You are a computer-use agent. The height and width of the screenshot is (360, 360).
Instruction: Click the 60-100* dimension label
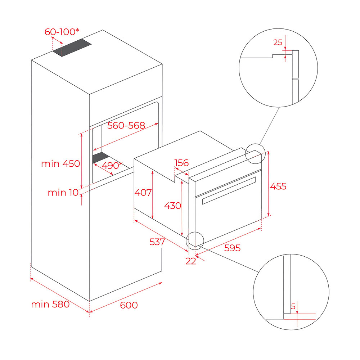[62, 32]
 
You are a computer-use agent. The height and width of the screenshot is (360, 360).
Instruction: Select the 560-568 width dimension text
[126, 125]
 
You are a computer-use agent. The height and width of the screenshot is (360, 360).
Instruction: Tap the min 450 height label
[60, 164]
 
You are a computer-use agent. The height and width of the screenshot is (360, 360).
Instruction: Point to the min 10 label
[63, 192]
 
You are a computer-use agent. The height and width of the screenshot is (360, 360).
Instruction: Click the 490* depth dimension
[112, 165]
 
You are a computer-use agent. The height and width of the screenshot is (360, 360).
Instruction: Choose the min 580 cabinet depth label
[50, 304]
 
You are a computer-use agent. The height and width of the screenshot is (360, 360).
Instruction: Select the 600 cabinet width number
[129, 305]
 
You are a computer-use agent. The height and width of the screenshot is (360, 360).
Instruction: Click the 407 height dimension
[143, 192]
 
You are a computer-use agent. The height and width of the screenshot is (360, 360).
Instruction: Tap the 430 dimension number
[173, 206]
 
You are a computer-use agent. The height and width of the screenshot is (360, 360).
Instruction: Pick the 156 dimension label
[181, 163]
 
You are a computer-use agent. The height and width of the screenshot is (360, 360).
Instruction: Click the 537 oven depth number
[157, 242]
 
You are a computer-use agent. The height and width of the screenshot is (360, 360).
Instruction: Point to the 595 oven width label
[232, 248]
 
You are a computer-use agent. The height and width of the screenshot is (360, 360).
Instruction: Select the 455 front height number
[278, 186]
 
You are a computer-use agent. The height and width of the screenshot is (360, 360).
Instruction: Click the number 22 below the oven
[191, 261]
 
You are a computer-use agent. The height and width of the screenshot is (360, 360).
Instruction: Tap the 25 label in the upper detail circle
[278, 42]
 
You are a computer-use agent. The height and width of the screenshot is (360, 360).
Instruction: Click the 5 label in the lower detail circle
[293, 306]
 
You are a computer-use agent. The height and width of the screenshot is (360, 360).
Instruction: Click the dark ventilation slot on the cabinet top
[72, 48]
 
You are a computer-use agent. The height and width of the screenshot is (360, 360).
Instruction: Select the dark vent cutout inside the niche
[101, 158]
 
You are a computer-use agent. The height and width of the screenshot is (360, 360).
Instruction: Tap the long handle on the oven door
[229, 190]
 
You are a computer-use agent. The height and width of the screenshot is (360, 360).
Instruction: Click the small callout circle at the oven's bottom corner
[195, 232]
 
